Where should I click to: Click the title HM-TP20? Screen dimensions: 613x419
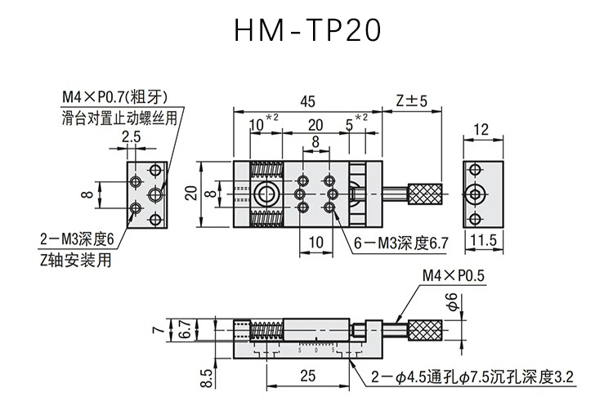pos(307,30)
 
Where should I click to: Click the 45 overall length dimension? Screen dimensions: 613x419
pos(307,101)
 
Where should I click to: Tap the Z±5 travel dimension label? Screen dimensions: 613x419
pos(412,100)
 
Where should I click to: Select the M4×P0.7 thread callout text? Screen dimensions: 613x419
pos(115,97)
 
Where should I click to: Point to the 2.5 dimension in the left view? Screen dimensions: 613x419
pos(131,137)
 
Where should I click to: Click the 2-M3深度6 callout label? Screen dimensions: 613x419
pos(77,239)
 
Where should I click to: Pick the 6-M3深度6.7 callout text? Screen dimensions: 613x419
pos(400,243)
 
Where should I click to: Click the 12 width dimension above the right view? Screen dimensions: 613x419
pos(481,130)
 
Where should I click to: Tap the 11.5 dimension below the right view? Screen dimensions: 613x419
pos(483,240)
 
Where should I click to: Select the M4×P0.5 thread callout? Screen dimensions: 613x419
pos(454,276)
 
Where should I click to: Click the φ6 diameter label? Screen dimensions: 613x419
pos(452,302)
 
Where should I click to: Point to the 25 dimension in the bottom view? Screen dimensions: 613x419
pos(307,376)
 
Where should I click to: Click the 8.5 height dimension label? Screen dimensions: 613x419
pos(207,378)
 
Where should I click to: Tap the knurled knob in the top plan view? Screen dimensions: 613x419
pos(425,194)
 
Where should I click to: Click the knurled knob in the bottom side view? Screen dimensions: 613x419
pos(425,330)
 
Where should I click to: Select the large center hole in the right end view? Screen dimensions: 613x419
pos(475,194)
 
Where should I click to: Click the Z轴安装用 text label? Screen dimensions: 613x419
pos(76,260)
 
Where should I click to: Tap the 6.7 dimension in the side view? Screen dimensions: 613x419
pos(187,329)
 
